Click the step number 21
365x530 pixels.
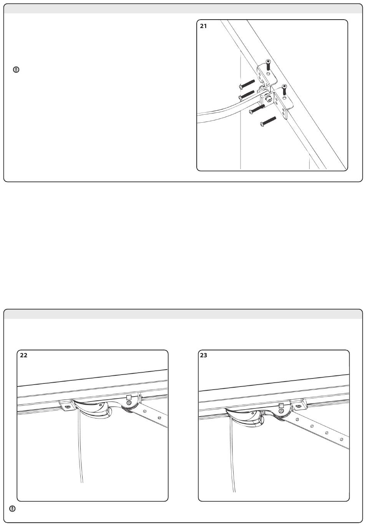[203, 26]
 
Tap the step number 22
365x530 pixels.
[24, 355]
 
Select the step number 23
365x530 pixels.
[204, 355]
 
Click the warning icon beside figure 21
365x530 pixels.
[16, 70]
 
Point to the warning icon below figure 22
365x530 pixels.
[12, 508]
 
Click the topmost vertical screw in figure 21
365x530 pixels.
[268, 65]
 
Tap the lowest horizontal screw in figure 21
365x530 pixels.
[268, 122]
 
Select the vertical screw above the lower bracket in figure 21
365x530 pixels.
[284, 90]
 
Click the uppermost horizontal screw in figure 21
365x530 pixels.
[247, 84]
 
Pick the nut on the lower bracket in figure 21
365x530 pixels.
[268, 100]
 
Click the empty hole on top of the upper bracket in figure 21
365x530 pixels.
[268, 74]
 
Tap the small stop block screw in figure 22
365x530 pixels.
[68, 407]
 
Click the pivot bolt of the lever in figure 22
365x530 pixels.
[129, 403]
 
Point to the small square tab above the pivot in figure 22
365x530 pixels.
[129, 397]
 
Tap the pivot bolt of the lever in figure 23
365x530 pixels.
[281, 411]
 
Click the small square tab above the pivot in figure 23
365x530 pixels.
[281, 405]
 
